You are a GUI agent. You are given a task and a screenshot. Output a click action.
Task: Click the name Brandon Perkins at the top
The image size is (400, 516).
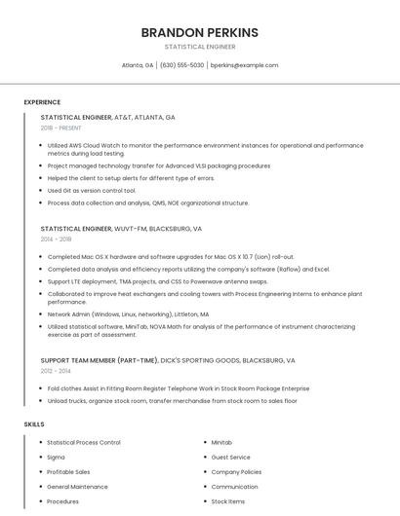[200, 32]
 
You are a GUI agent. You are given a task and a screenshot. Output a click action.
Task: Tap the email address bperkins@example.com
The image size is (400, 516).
[244, 65]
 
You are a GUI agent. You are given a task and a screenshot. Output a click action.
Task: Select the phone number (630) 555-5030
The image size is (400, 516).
[181, 65]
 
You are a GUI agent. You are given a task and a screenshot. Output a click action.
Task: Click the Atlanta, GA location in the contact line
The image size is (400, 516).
[138, 65]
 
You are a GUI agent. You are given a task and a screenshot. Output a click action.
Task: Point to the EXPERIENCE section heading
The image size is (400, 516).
[42, 102]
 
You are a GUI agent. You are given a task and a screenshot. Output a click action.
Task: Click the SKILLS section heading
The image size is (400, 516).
[34, 424]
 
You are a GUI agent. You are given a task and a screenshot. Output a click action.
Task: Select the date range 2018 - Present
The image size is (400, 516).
[61, 128]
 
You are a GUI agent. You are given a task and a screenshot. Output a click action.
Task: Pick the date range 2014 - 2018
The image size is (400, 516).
[57, 239]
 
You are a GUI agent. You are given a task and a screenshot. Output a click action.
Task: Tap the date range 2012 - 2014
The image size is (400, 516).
[56, 370]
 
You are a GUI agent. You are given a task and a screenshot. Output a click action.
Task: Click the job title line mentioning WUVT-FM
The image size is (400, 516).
[121, 229]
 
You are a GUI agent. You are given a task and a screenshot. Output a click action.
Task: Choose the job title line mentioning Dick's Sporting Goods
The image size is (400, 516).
[168, 360]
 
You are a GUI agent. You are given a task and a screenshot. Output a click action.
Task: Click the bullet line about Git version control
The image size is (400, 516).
[92, 191]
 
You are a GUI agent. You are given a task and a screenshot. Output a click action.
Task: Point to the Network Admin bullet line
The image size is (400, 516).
[128, 314]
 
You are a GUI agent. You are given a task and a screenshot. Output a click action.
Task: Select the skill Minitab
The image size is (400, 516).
[221, 442]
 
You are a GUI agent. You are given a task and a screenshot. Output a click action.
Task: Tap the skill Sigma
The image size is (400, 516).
[56, 457]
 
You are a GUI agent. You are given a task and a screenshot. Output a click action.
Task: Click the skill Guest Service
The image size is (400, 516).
[230, 457]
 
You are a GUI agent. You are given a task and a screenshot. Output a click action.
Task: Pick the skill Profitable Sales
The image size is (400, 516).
[69, 471]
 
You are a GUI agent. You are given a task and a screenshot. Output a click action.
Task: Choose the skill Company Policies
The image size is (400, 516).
[236, 471]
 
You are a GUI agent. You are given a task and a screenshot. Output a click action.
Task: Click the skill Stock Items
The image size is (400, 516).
[228, 501]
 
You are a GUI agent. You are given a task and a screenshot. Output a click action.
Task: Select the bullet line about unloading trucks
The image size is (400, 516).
[172, 400]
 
